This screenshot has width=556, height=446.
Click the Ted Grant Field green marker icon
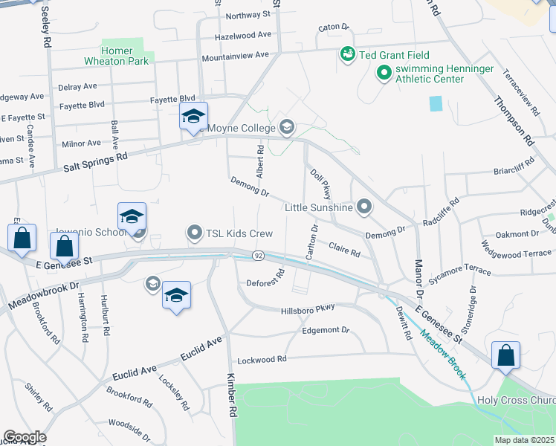coord(347,54)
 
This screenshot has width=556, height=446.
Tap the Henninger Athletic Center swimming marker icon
coord(384,73)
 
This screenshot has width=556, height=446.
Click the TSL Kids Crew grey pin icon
coord(195,233)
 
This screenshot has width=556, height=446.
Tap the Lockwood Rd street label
coord(262,360)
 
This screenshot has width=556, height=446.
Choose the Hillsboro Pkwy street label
coord(308,308)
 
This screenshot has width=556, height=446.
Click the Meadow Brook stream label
coord(443,355)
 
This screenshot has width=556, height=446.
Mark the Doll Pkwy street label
coord(320,184)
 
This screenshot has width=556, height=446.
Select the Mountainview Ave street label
coord(236,55)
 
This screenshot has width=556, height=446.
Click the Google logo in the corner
coord(25,437)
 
